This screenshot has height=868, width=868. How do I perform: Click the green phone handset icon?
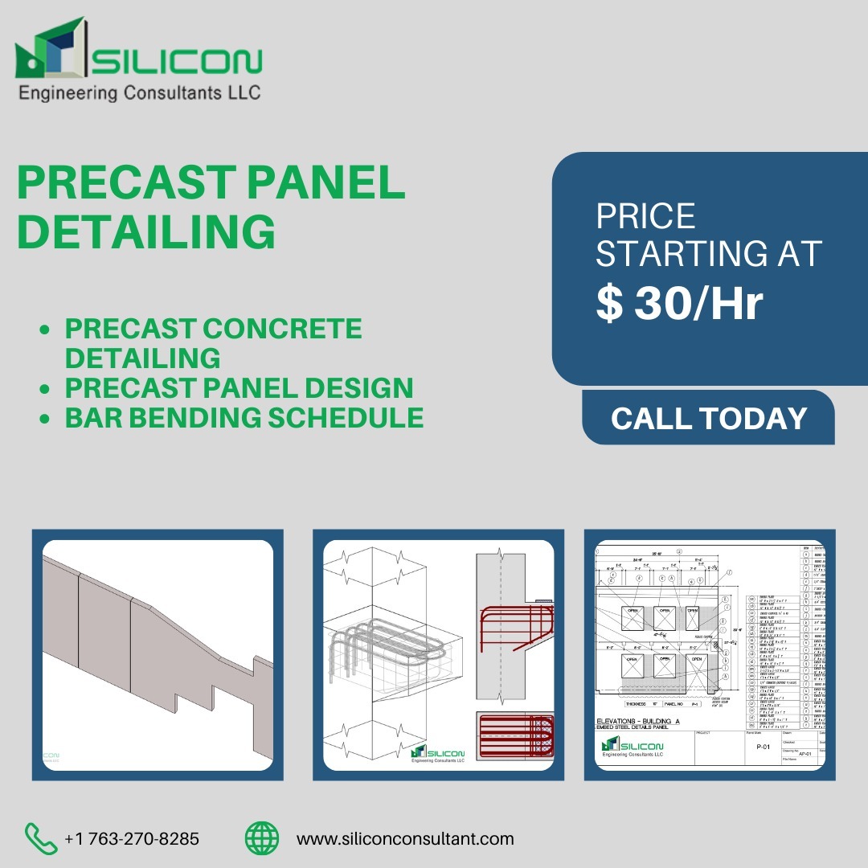pos(41,838)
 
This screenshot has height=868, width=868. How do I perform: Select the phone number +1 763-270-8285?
pos(132,839)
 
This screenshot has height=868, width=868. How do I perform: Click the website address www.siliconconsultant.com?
pos(405,839)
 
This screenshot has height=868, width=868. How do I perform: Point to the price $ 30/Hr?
pos(679,304)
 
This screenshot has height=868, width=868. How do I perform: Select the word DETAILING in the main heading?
pos(146,231)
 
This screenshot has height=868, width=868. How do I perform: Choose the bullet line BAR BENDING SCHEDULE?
pos(244,417)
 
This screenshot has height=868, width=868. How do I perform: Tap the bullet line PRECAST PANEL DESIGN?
pos(239,387)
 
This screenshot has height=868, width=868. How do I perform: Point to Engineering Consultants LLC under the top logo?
pos(139,93)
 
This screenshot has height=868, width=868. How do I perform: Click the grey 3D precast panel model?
pos(153,635)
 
